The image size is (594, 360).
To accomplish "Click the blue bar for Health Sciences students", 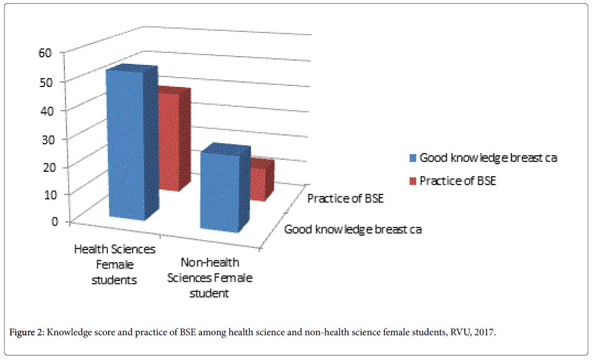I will click(x=125, y=146).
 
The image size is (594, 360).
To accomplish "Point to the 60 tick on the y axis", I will click(x=45, y=52).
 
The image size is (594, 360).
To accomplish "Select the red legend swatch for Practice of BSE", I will click(x=413, y=181).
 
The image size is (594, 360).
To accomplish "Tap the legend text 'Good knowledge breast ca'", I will click(x=488, y=158).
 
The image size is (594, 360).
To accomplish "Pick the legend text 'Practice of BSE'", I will click(x=458, y=181).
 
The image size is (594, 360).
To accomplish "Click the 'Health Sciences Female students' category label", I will click(x=115, y=264).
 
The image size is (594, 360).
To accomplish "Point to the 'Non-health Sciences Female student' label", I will click(x=209, y=277).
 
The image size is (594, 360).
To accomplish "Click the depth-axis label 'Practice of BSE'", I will click(x=345, y=198).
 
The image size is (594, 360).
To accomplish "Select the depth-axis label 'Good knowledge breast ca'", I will click(x=353, y=229).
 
